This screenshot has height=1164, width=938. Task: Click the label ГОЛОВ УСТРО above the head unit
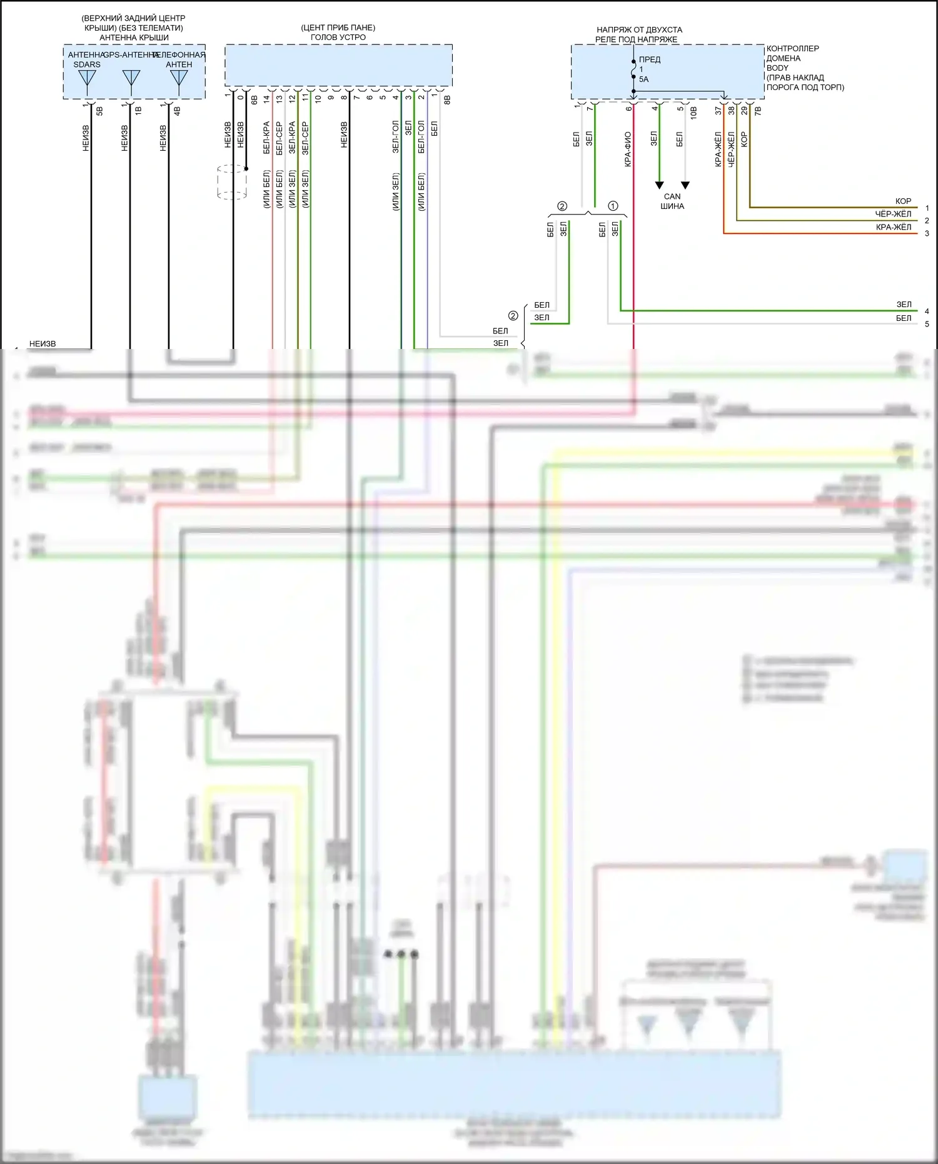(x=338, y=38)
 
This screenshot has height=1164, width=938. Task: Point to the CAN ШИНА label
(x=672, y=201)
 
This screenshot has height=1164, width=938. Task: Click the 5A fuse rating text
(x=643, y=79)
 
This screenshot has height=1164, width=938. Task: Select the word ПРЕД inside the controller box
(x=650, y=59)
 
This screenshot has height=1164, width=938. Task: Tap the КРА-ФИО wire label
(x=628, y=149)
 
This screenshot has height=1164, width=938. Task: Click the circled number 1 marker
(x=613, y=206)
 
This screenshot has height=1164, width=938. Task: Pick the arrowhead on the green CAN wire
(x=659, y=185)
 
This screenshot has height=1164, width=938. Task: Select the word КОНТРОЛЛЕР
(x=792, y=48)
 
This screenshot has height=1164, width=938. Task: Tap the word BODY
(x=777, y=68)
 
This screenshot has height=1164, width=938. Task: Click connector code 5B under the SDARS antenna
(x=99, y=111)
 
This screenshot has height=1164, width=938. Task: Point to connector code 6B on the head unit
(x=254, y=99)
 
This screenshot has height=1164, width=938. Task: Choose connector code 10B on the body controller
(x=693, y=113)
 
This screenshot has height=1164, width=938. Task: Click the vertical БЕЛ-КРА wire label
(x=266, y=138)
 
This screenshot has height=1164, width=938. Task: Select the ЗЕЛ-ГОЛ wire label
(x=395, y=137)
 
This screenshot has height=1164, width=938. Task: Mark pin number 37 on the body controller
(x=719, y=110)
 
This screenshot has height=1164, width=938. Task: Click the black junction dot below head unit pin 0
(x=246, y=169)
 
